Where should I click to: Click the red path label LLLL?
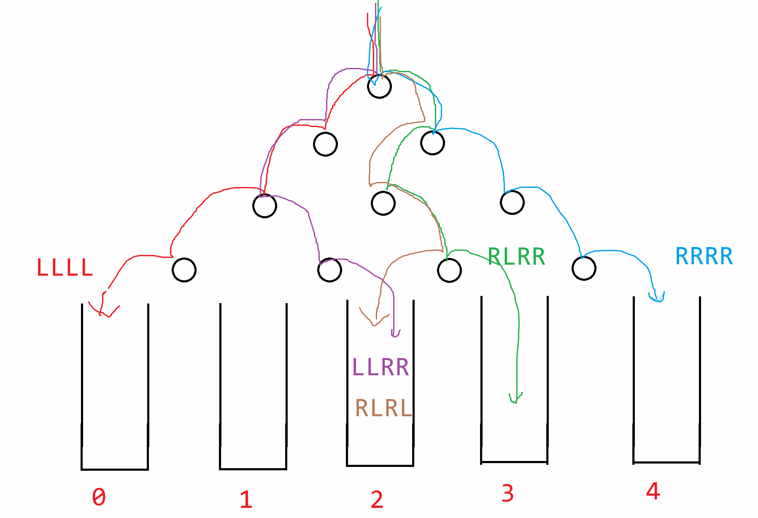[65, 268]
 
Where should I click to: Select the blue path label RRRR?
[704, 256]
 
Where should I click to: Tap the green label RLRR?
[516, 257]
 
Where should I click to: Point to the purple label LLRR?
[380, 367]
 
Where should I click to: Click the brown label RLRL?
[383, 408]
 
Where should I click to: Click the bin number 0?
[99, 496]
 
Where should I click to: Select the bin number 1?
[246, 499]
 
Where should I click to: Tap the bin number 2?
[377, 499]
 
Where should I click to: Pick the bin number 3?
[507, 493]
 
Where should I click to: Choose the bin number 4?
[653, 491]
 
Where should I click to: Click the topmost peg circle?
[379, 87]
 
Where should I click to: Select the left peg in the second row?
[325, 144]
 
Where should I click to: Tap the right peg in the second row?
[432, 143]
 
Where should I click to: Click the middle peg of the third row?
[383, 203]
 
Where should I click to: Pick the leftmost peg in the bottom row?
[184, 270]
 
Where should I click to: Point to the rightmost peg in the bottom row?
[584, 268]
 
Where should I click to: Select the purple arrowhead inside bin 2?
[394, 334]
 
